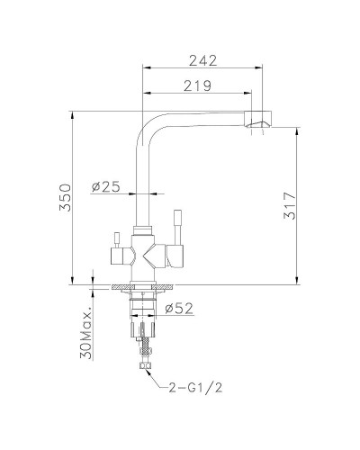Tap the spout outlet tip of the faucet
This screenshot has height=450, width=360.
pyautogui.click(x=258, y=121)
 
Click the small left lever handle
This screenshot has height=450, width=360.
pyautogui.click(x=115, y=238)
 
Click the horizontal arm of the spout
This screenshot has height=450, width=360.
pyautogui.click(x=198, y=115)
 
